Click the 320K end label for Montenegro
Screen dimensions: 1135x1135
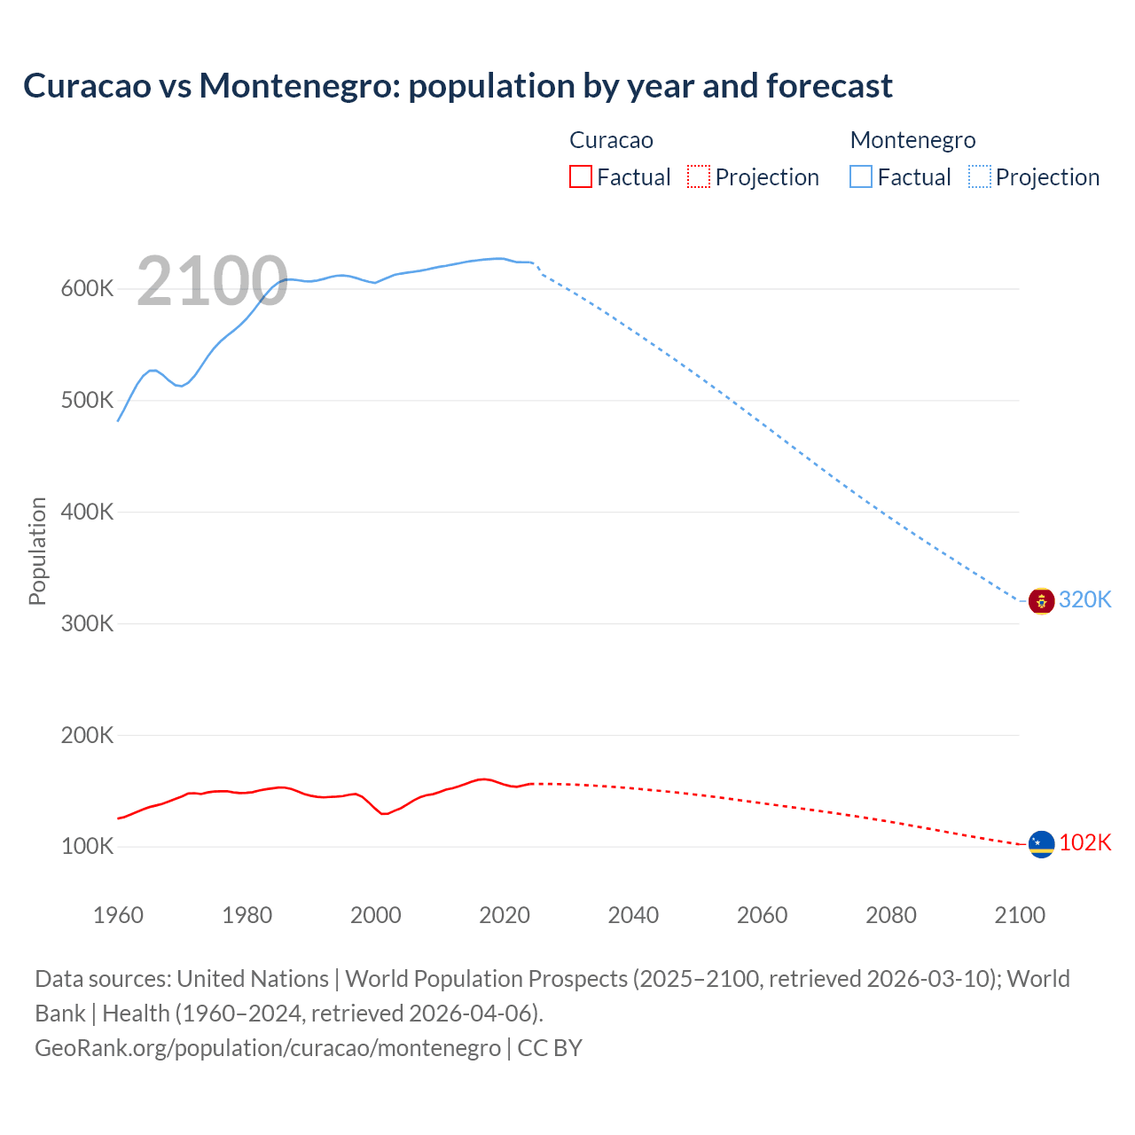tap(1084, 600)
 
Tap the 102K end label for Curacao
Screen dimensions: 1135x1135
tap(1084, 842)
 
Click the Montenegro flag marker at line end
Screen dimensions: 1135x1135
tap(1041, 601)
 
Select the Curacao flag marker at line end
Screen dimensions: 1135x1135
tap(1041, 844)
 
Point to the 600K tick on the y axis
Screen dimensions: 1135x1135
tap(87, 289)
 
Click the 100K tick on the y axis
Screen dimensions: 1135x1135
tap(87, 847)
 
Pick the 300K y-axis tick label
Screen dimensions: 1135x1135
tap(87, 623)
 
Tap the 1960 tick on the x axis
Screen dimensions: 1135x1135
tap(118, 915)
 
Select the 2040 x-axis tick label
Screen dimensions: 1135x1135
tap(633, 915)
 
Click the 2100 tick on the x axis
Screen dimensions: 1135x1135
tap(1020, 915)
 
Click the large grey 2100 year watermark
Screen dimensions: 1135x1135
tap(212, 281)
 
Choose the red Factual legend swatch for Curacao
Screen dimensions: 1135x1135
tap(581, 177)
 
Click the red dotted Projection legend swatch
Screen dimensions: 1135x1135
tap(699, 177)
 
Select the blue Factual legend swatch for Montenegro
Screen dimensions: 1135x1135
tap(861, 177)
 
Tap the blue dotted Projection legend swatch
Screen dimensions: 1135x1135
tap(979, 177)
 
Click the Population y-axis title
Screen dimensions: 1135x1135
tap(37, 551)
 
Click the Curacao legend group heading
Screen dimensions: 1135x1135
tap(611, 140)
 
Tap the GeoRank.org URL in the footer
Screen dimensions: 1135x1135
tap(268, 1048)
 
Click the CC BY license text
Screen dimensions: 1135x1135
tap(550, 1048)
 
